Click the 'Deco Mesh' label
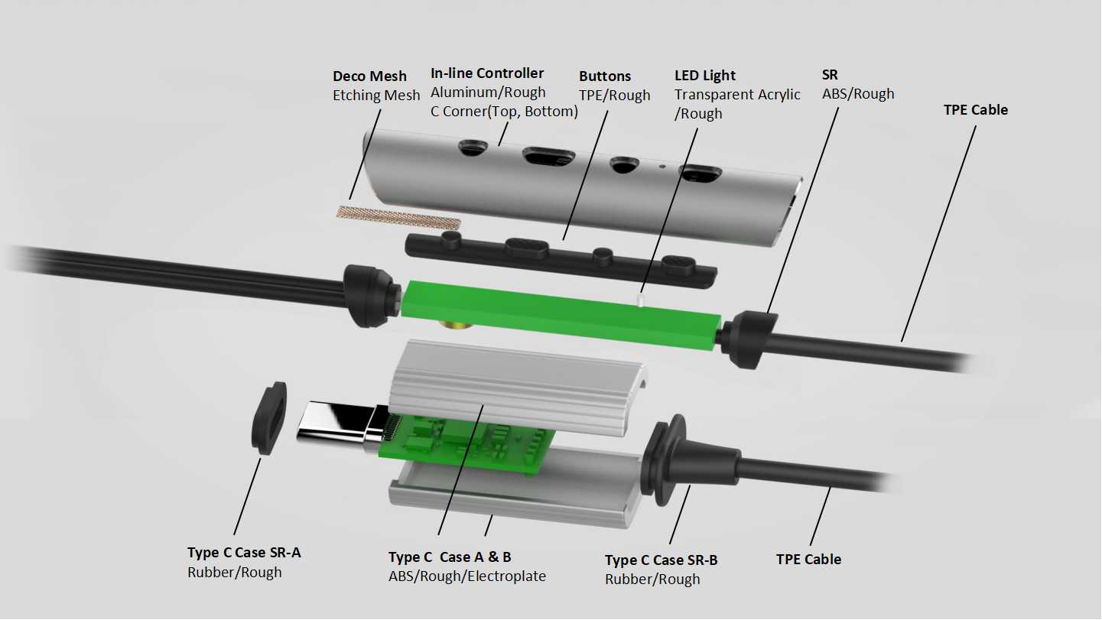coord(369,76)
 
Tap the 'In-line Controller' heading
coord(487,73)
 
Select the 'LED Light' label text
coord(705,76)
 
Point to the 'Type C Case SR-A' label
coord(244,553)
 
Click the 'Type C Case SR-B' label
coord(662,560)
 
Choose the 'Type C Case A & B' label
coord(450,557)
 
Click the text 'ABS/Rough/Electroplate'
coord(467,576)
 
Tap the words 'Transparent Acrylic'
coord(737,94)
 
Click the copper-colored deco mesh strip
coord(398,218)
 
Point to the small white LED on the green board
coord(641,300)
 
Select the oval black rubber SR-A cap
coord(269,418)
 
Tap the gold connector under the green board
coord(457,324)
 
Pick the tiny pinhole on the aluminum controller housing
coord(663,166)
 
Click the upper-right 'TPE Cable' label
coord(976,109)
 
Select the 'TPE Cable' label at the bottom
coord(809,560)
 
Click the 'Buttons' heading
coord(605,76)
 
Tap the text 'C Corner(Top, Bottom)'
coord(504,112)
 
